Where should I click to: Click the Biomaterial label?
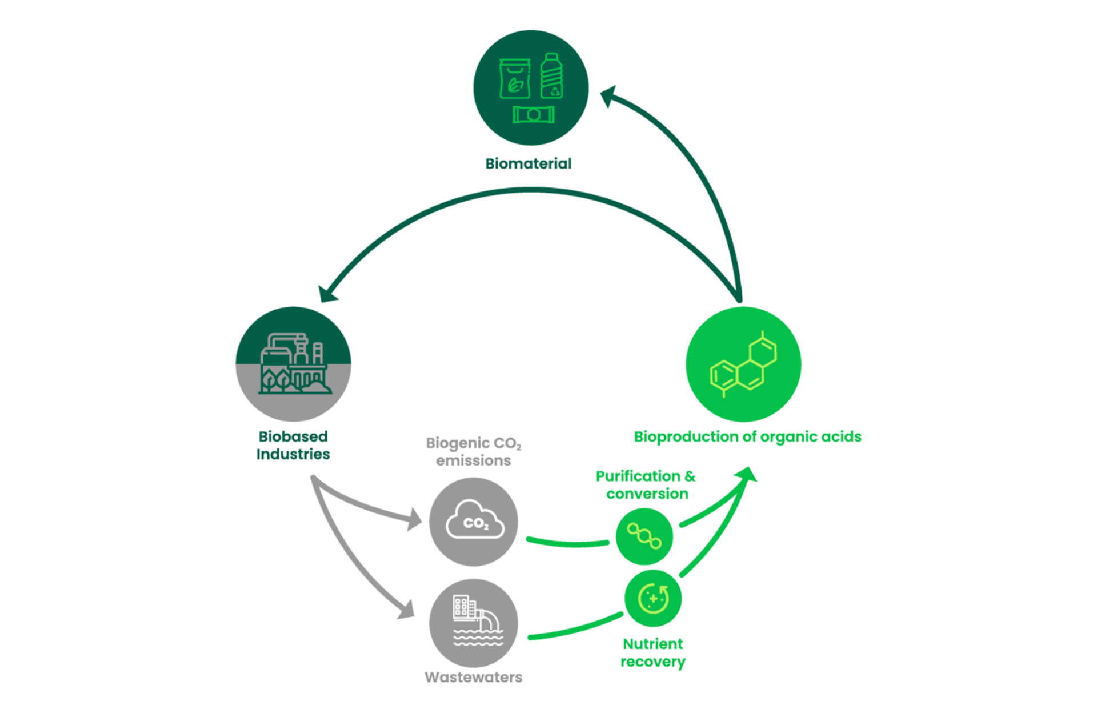click(528, 164)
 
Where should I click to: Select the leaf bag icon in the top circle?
click(514, 79)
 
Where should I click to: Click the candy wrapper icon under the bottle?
click(533, 115)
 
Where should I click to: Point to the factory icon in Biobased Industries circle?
click(294, 364)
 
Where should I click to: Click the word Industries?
click(293, 454)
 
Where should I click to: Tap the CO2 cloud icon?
click(474, 520)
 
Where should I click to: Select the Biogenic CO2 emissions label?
click(473, 451)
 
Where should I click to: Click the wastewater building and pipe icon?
click(477, 620)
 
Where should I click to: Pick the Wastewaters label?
click(473, 678)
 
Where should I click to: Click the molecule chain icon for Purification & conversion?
click(644, 536)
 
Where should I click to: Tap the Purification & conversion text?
click(646, 485)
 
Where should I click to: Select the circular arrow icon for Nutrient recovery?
click(653, 599)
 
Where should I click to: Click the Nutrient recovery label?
click(652, 653)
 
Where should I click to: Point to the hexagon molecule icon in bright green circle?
click(743, 364)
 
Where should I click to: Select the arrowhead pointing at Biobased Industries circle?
click(327, 294)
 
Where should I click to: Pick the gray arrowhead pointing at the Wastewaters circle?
click(407, 610)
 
